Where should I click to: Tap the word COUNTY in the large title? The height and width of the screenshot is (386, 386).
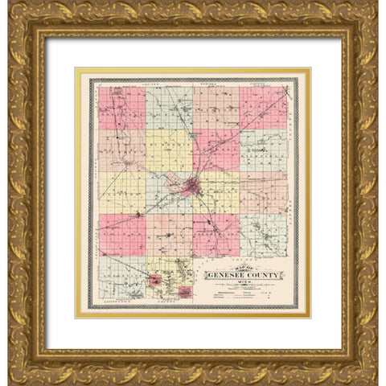(265, 276)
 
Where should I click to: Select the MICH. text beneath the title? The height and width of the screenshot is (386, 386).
(244, 285)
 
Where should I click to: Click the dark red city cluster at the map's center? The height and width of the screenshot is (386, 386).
(191, 189)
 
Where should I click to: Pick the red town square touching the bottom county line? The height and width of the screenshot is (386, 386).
(184, 293)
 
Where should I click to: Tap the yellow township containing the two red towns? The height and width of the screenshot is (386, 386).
(168, 278)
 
